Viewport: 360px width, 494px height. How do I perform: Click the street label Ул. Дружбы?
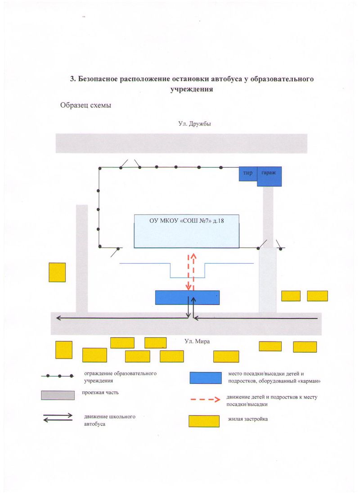pyautogui.click(x=194, y=124)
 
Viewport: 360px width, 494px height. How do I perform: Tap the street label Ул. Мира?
pyautogui.click(x=197, y=341)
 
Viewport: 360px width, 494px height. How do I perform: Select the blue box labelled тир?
pyautogui.click(x=248, y=174)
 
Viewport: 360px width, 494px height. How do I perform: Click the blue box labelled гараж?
pyautogui.click(x=269, y=176)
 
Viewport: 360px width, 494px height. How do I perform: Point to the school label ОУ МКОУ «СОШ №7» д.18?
pyautogui.click(x=187, y=220)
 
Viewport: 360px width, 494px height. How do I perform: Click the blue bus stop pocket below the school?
pyautogui.click(x=187, y=297)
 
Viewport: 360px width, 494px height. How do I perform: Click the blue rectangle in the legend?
pyautogui.click(x=206, y=378)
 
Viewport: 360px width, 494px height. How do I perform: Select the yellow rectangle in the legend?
pyautogui.click(x=204, y=421)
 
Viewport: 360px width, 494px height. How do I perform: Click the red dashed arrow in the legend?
pyautogui.click(x=205, y=400)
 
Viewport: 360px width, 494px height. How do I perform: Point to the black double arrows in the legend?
pyautogui.click(x=58, y=418)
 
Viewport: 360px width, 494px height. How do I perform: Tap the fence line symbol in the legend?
pyautogui.click(x=57, y=376)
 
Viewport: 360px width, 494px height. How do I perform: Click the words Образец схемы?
pyautogui.click(x=86, y=105)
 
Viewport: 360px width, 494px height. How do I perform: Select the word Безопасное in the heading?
pyautogui.click(x=98, y=79)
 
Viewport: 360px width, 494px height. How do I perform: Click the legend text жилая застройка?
pyautogui.click(x=248, y=419)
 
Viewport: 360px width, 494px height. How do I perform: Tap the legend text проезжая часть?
pyautogui.click(x=100, y=393)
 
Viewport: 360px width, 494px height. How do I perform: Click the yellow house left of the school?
pyautogui.click(x=57, y=272)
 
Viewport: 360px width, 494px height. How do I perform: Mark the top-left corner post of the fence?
pyautogui.click(x=100, y=169)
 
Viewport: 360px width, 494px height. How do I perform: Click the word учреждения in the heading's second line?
pyautogui.click(x=192, y=90)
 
